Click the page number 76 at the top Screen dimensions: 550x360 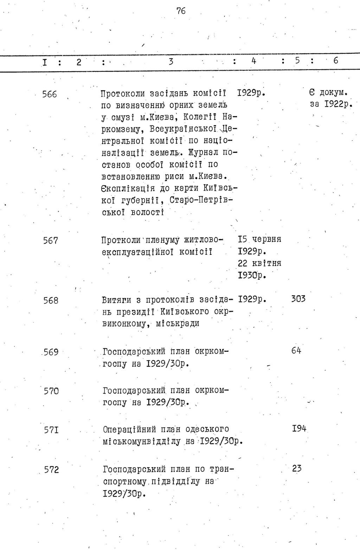181,11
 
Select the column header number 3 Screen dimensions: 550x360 171,62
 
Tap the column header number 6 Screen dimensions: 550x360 336,60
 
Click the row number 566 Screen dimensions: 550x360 50,94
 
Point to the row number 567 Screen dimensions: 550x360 51,241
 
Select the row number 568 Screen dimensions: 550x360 51,301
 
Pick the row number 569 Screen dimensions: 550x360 51,352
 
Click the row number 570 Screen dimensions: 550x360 51,391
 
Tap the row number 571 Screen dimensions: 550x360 51,430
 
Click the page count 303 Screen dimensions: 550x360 298,299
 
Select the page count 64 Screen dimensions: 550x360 296,350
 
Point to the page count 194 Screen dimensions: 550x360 299,428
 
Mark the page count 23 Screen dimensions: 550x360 297,468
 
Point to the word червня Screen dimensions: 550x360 267,239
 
